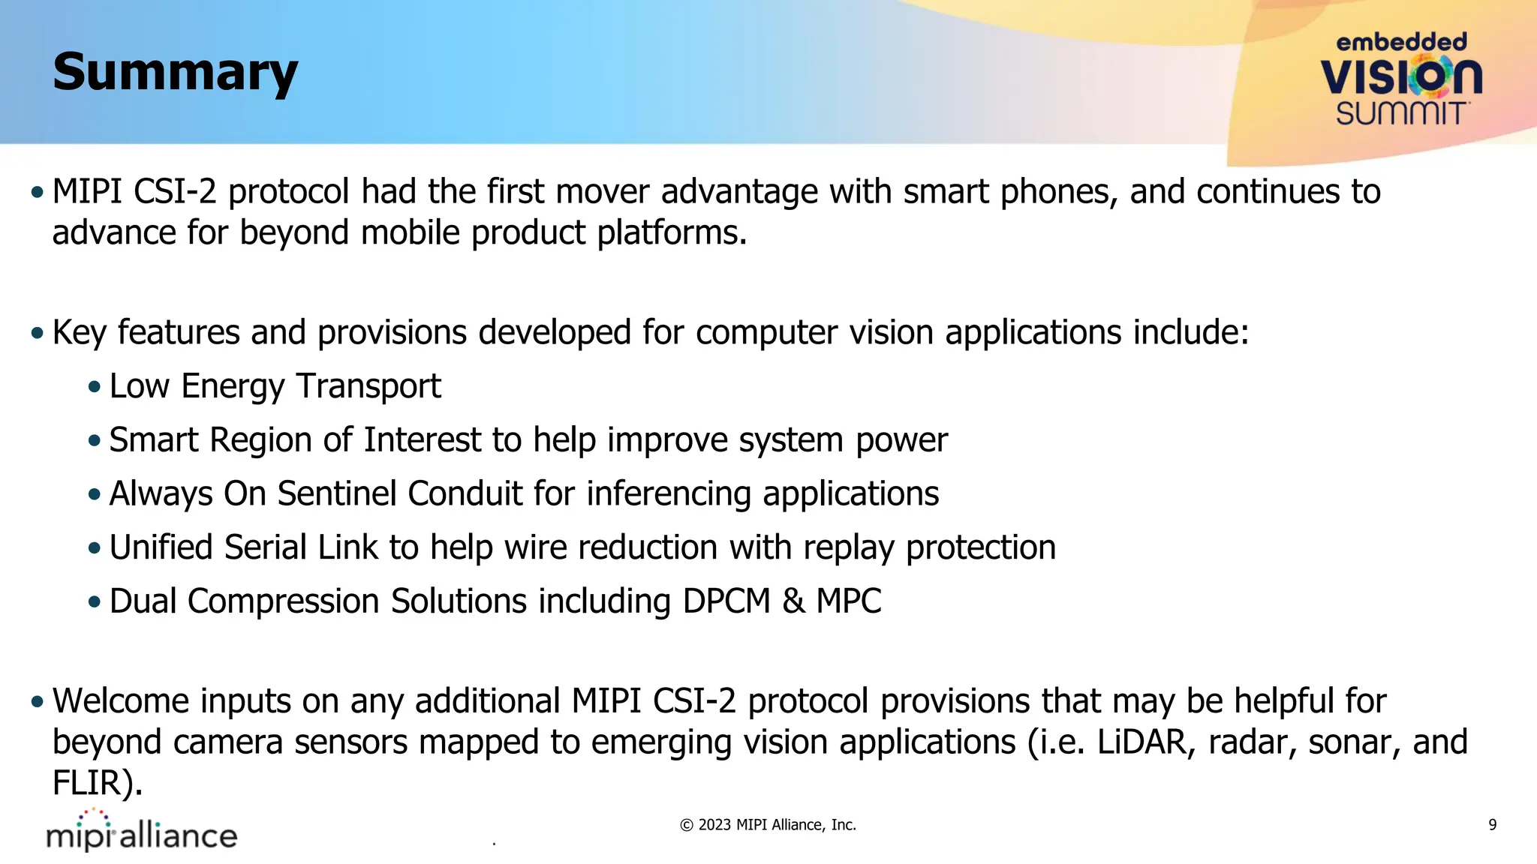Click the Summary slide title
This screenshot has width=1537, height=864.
[176, 73]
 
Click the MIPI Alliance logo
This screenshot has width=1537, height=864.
[142, 832]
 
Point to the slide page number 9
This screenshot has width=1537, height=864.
[1492, 825]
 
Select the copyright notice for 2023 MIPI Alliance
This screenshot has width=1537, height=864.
[768, 825]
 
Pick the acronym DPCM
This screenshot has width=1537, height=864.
[726, 601]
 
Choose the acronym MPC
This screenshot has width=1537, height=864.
[849, 601]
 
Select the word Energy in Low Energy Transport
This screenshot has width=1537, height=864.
[233, 387]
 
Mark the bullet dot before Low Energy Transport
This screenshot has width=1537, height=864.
[94, 388]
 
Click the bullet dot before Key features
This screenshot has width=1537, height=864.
[38, 333]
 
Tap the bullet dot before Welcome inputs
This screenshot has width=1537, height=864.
[38, 702]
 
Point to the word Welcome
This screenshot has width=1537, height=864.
[119, 701]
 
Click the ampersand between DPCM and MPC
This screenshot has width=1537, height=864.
[793, 601]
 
